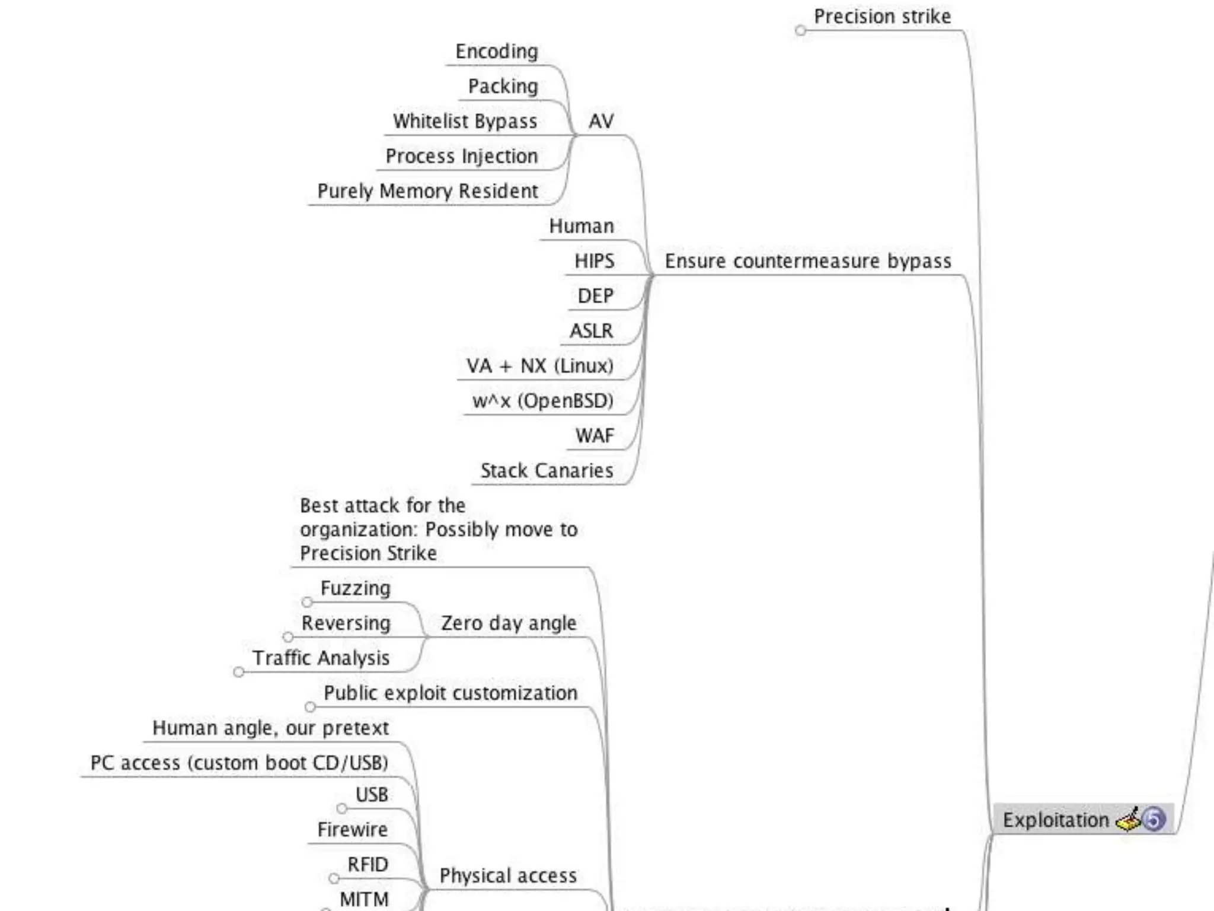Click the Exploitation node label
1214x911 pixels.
[1055, 820]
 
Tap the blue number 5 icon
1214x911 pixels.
[1154, 819]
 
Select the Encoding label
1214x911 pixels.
[497, 52]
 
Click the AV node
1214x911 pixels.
[601, 121]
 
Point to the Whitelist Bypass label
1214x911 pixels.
[465, 121]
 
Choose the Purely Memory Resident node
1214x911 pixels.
[427, 191]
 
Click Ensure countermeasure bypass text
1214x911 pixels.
[808, 261]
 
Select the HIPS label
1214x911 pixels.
[595, 261]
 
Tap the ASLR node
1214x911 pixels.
[592, 331]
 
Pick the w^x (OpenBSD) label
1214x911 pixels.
[543, 401]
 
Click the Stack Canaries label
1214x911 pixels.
[547, 471]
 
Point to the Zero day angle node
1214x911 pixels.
[509, 623]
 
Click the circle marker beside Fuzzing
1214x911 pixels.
[307, 603]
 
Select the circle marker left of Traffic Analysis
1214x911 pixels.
[239, 672]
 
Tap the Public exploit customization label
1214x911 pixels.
[451, 693]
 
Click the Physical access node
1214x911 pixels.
[508, 875]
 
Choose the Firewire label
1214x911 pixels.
[353, 829]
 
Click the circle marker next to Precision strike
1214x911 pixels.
[801, 30]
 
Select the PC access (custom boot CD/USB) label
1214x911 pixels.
[239, 763]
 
